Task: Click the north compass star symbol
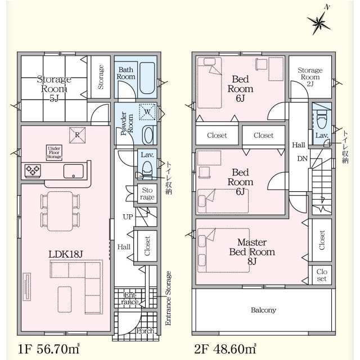click(319, 22)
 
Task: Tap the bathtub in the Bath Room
click(147, 78)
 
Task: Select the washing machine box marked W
click(147, 112)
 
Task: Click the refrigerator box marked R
click(78, 135)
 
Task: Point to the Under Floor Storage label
click(54, 152)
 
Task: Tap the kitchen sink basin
click(74, 171)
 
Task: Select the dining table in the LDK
click(60, 211)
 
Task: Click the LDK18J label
click(65, 254)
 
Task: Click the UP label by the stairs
click(128, 217)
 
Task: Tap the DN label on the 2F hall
click(302, 159)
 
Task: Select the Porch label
click(145, 331)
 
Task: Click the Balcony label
click(263, 310)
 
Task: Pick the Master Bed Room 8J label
click(252, 252)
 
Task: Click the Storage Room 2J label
click(310, 77)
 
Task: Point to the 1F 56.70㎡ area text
click(49, 349)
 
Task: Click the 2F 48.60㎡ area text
click(225, 349)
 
